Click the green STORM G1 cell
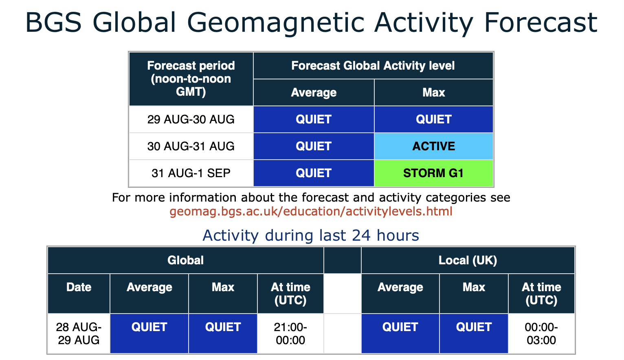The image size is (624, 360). click(x=433, y=173)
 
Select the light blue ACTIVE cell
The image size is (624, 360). click(x=433, y=146)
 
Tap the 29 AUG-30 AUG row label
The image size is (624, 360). click(x=191, y=119)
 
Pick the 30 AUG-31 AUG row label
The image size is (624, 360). click(x=191, y=146)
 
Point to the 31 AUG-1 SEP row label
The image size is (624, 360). click(x=191, y=173)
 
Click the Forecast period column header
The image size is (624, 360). click(x=191, y=79)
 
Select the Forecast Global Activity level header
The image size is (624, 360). click(x=373, y=66)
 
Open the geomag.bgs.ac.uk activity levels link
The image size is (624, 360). click(x=311, y=212)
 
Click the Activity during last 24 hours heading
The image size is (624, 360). click(x=311, y=235)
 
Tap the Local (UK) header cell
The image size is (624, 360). click(x=468, y=260)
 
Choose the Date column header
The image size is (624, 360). click(x=79, y=294)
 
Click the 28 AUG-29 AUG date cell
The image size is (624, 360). click(x=79, y=334)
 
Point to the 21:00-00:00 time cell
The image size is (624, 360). click(x=290, y=334)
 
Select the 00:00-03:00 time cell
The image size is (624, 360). click(x=542, y=334)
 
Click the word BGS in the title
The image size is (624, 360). click(x=53, y=22)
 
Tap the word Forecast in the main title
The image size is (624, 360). click(x=541, y=22)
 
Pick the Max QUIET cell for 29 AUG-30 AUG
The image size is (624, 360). click(x=433, y=119)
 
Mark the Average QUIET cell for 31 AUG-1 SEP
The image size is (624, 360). click(x=314, y=173)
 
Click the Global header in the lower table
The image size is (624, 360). click(x=185, y=260)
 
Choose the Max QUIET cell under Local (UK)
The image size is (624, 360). click(x=474, y=334)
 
